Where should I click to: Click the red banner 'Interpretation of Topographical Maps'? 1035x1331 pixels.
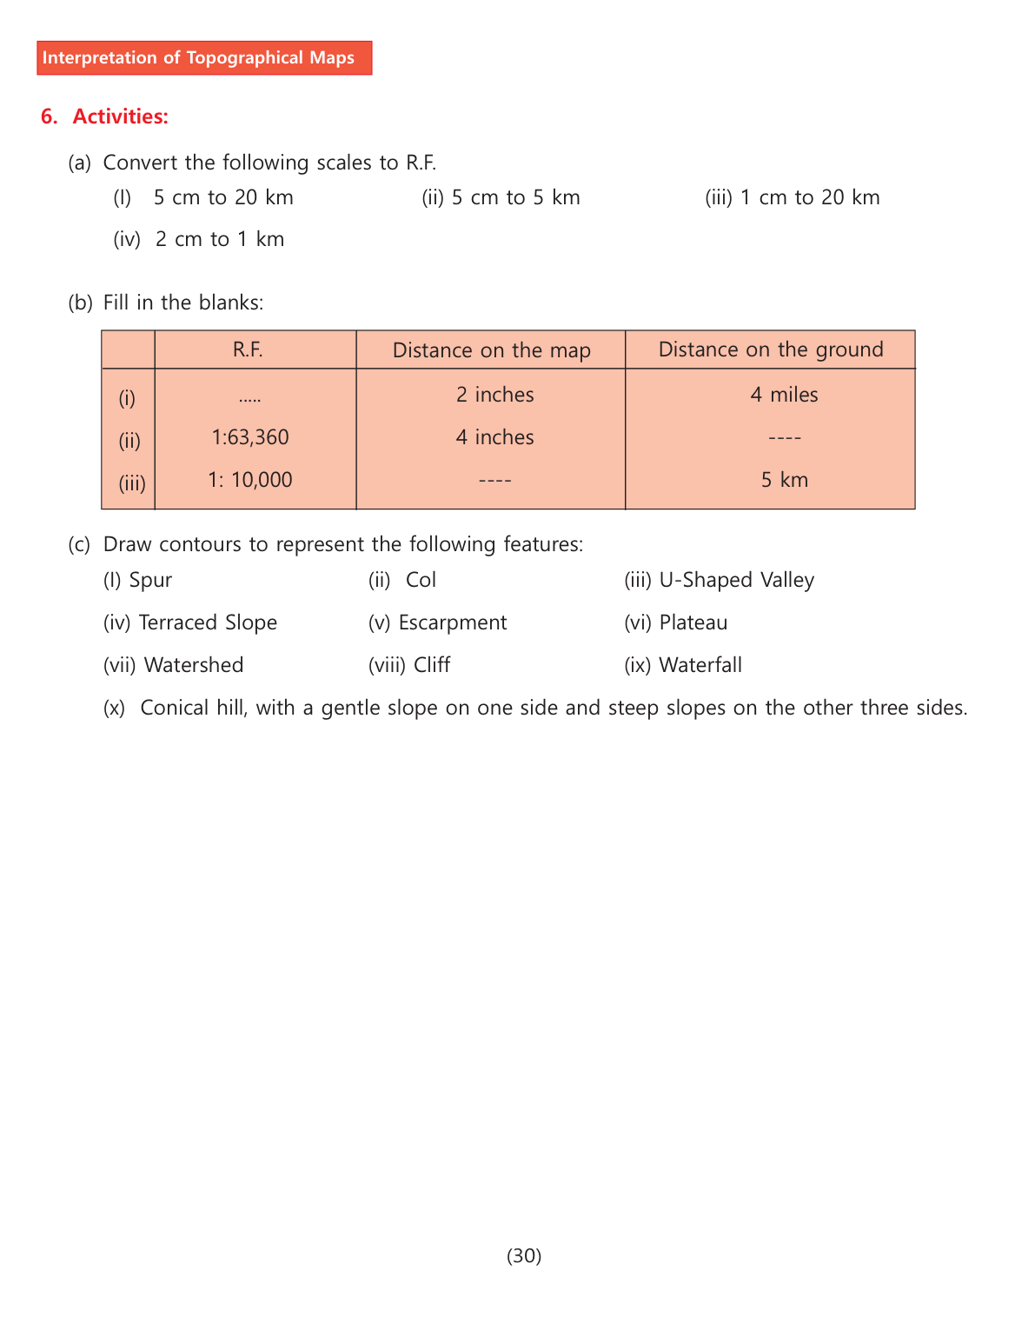point(204,58)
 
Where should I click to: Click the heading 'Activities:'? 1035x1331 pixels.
point(120,116)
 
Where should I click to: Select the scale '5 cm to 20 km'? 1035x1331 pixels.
point(223,197)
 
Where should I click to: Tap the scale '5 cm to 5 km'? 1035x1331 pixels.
point(515,197)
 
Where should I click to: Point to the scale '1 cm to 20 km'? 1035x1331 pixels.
point(810,197)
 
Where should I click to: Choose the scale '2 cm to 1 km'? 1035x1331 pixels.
point(220,239)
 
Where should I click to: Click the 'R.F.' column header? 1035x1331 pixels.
point(248,349)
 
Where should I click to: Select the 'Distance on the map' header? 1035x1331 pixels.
point(491,350)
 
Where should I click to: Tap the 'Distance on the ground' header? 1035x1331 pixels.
point(771,349)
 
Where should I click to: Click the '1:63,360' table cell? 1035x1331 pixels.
point(250,437)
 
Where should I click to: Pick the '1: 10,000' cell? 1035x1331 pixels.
point(250,480)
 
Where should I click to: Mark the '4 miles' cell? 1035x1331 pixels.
point(784,395)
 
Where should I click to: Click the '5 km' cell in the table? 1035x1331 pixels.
point(785,480)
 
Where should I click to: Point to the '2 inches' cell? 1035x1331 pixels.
point(495,395)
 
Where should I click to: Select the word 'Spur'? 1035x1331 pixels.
point(150,580)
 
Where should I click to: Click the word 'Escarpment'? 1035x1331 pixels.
point(452,622)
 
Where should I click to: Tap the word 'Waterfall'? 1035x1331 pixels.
point(700,665)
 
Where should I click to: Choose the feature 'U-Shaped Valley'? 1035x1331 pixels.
point(737,580)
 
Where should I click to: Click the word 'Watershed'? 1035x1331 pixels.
point(194,665)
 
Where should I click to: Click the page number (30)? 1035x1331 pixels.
point(524,1255)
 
